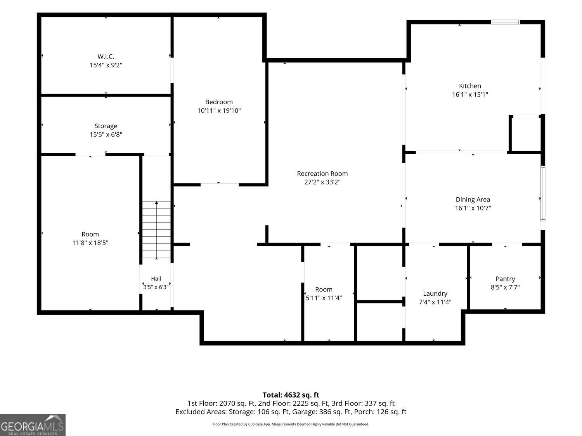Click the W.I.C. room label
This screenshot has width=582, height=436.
(106, 56)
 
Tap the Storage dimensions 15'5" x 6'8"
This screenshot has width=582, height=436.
(106, 134)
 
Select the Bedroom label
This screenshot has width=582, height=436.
(219, 102)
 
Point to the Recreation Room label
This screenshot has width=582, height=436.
(322, 174)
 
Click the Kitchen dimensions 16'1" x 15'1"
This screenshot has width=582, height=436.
(470, 95)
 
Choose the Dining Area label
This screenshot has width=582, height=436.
(473, 200)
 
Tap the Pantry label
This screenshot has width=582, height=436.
(505, 279)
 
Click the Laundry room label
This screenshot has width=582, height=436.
(435, 294)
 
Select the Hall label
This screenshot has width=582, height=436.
(156, 279)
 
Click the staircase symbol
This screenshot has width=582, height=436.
(156, 230)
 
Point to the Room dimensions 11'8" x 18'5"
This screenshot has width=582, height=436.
(90, 243)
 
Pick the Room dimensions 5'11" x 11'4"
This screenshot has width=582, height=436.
(324, 298)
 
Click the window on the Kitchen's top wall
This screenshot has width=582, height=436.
(505, 22)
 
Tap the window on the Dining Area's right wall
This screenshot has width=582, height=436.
(543, 193)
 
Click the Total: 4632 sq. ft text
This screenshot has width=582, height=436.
(291, 395)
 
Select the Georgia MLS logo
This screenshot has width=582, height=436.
(33, 425)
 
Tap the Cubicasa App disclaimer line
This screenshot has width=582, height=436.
(291, 424)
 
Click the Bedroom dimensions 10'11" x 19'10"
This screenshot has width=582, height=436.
(219, 110)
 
